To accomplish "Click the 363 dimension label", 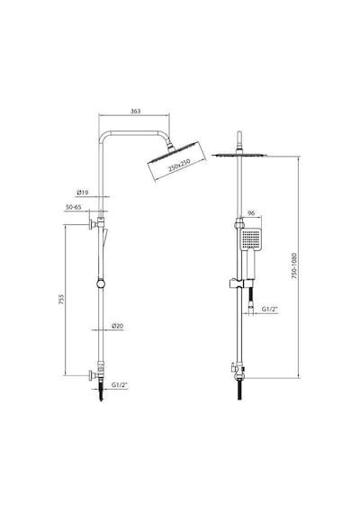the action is [135, 112].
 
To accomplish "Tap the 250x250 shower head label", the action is [179, 166].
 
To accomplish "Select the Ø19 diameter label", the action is [83, 193].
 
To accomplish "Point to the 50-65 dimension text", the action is [73, 207].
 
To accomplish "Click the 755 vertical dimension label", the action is [61, 300].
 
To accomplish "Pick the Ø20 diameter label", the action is [117, 326].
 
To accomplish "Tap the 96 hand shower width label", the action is [251, 213].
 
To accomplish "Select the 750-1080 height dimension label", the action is [294, 265].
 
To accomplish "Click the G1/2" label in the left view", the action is [119, 385].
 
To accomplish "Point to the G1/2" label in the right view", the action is [269, 309].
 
